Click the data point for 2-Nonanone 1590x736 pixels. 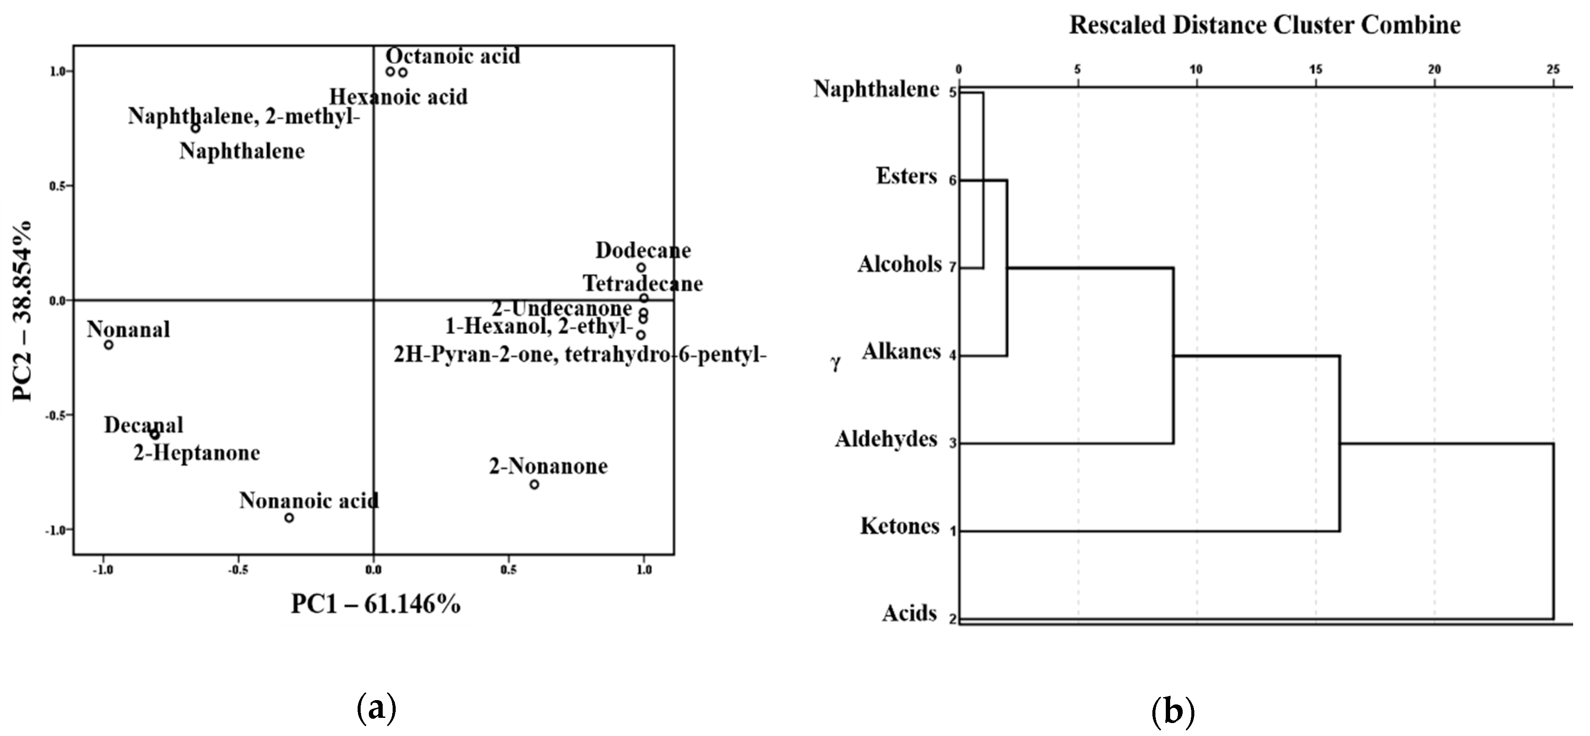pos(534,485)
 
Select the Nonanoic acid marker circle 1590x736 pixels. pos(289,518)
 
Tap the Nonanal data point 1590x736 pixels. pos(109,345)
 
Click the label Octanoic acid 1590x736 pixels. pos(453,56)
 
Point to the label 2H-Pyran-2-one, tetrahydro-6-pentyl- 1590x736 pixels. pos(580,355)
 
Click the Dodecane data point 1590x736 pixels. pos(641,267)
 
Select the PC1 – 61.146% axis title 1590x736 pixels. pos(375,604)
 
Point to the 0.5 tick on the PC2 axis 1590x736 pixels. pos(58,186)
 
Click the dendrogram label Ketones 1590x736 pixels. pos(899,526)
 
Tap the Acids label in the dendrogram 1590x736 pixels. pos(909,613)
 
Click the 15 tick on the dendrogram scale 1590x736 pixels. pos(1315,70)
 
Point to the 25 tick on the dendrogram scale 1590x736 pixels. pos(1553,70)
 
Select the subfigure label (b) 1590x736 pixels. pos(1173,711)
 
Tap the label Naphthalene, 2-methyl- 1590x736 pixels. pos(244,116)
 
